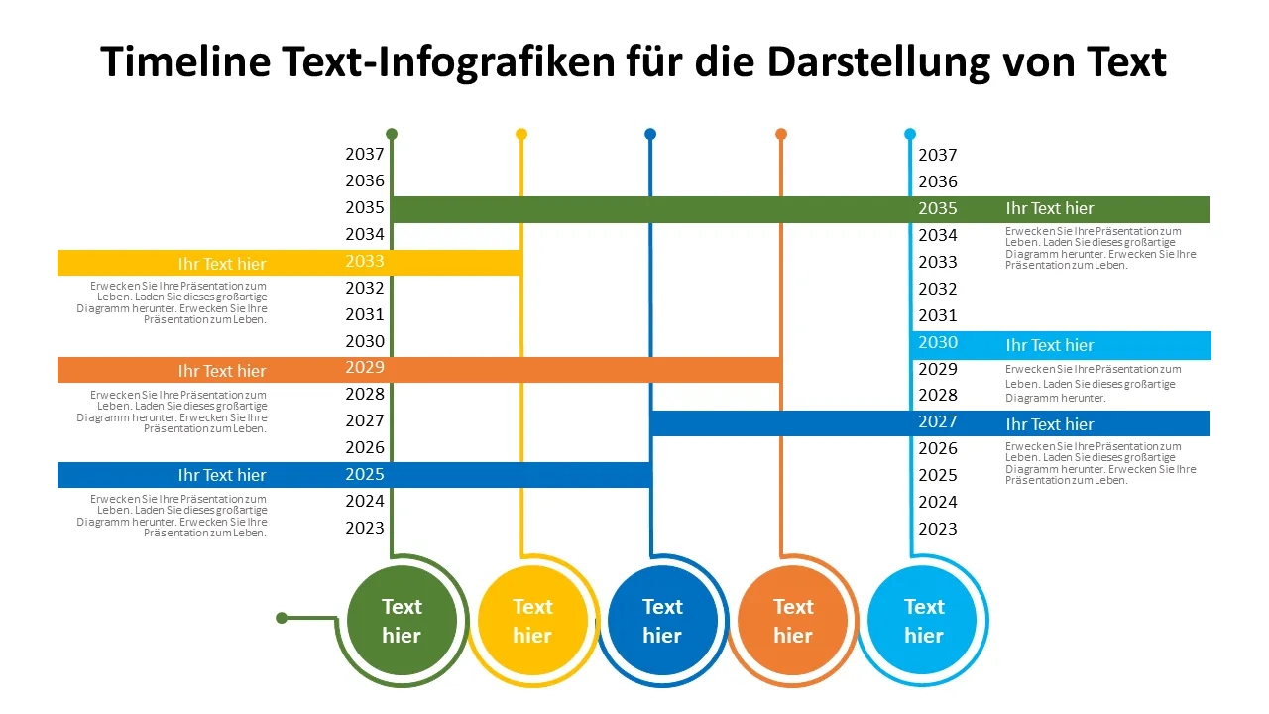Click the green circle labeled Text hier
pyautogui.click(x=402, y=621)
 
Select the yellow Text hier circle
pyautogui.click(x=532, y=621)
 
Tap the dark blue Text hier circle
pyautogui.click(x=662, y=621)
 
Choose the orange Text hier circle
pyautogui.click(x=793, y=621)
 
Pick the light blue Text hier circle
pyautogui.click(x=923, y=621)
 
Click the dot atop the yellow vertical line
pyautogui.click(x=521, y=134)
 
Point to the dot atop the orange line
pyautogui.click(x=781, y=134)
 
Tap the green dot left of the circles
pyautogui.click(x=282, y=618)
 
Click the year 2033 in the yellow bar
pyautogui.click(x=364, y=262)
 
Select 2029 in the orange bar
pyautogui.click(x=364, y=368)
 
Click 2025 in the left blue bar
pyautogui.click(x=364, y=475)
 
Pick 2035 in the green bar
pyautogui.click(x=937, y=209)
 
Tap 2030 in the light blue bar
pyautogui.click(x=937, y=343)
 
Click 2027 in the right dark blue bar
pyautogui.click(x=937, y=422)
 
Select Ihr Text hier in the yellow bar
pyautogui.click(x=222, y=264)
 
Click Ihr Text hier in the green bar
pyautogui.click(x=1050, y=209)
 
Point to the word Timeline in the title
pyautogui.click(x=185, y=62)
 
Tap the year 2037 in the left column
pyautogui.click(x=364, y=155)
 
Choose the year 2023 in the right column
pyautogui.click(x=937, y=529)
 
